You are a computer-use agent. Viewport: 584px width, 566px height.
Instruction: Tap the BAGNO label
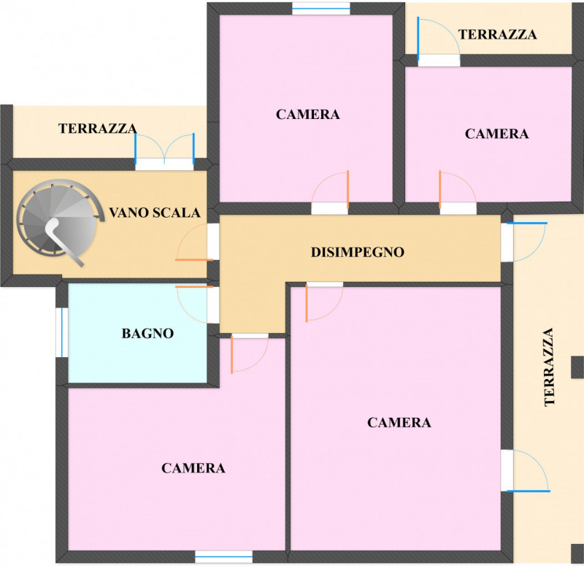coord(148,333)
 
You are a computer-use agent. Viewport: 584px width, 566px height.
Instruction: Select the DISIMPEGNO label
coord(358,252)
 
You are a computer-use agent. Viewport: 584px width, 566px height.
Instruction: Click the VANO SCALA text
coord(155,213)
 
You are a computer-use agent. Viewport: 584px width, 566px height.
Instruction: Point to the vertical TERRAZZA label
coord(550,367)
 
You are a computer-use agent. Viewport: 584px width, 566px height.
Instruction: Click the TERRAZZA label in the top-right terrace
coord(497,34)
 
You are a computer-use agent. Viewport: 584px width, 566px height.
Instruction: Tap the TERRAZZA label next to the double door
coord(98,129)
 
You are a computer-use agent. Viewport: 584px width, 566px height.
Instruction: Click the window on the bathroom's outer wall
coord(62,332)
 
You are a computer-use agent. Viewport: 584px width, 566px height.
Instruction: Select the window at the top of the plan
coord(321,8)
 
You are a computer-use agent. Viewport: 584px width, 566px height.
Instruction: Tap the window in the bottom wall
coord(224,557)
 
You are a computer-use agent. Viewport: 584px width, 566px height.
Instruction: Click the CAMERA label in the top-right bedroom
coord(496,134)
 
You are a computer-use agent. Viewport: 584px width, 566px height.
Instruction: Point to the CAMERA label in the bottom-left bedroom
coord(193,468)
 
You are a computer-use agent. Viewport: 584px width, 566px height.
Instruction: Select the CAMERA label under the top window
coord(307,114)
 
